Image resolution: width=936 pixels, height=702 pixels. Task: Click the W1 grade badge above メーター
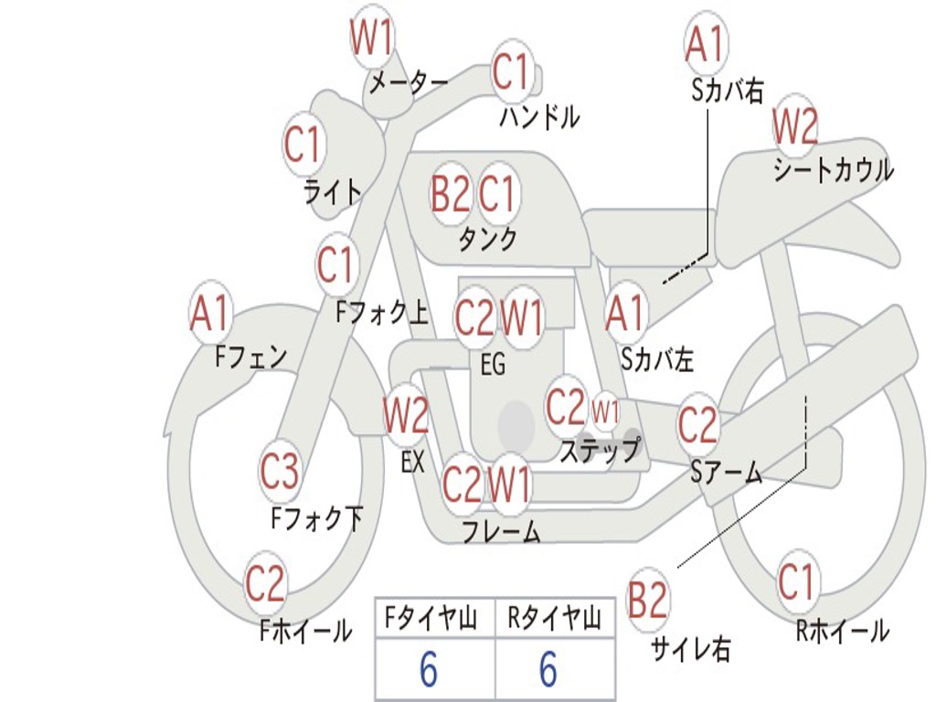[x=372, y=39]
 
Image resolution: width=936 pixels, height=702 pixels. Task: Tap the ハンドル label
[x=539, y=116]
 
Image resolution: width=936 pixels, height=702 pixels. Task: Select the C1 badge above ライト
[x=304, y=144]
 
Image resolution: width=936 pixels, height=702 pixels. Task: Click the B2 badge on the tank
[x=451, y=194]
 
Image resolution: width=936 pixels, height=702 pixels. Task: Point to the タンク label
[x=487, y=239]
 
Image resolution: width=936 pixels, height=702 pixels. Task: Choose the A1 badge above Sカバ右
[x=705, y=43]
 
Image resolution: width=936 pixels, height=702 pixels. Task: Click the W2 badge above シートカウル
[x=794, y=127]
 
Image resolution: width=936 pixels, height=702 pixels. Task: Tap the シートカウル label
[x=833, y=171]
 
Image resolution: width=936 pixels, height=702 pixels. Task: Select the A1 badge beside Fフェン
[x=211, y=314]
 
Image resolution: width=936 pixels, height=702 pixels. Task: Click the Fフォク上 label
[x=381, y=314]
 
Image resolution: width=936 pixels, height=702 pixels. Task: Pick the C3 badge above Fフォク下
[x=279, y=472]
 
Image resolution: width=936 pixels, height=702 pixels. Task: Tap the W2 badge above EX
[x=406, y=417]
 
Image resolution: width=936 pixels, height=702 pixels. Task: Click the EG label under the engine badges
[x=493, y=364]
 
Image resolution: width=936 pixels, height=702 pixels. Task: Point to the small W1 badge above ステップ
[x=606, y=410]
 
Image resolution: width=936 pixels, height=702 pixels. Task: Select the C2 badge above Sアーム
[x=697, y=425]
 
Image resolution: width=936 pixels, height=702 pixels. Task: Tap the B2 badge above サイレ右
[x=648, y=601]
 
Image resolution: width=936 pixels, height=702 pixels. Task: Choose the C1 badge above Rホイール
[x=796, y=582]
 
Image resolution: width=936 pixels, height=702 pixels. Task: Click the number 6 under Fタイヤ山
[x=428, y=671]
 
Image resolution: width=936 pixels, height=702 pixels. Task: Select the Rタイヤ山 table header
[x=554, y=620]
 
